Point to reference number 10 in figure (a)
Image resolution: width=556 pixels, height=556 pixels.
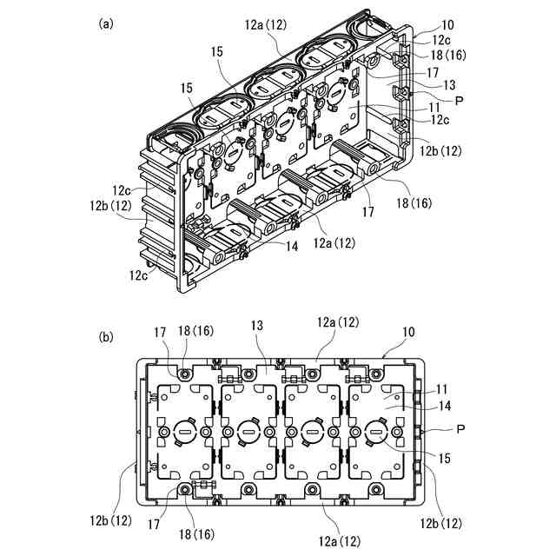click(x=422, y=25)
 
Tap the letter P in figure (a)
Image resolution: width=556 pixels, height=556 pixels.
click(x=459, y=101)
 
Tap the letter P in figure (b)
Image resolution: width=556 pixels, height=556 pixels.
click(x=459, y=429)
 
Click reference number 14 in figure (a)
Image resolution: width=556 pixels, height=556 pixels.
click(x=291, y=246)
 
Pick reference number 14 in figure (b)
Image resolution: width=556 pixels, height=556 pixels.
click(x=443, y=406)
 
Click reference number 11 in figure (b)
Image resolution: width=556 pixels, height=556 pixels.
click(x=443, y=391)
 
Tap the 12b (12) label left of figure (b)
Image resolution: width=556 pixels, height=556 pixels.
click(x=109, y=520)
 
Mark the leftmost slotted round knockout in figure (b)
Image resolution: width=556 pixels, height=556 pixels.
click(x=184, y=432)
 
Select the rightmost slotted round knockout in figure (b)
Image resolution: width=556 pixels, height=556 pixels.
click(x=375, y=432)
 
